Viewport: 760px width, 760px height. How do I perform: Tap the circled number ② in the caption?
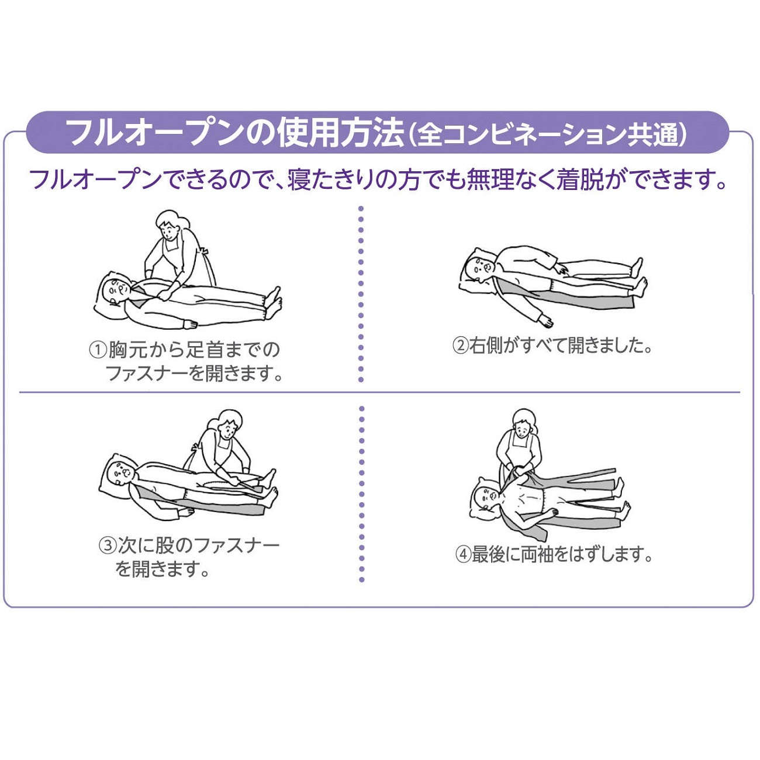pyautogui.click(x=460, y=346)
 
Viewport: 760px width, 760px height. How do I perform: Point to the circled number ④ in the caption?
pyautogui.click(x=463, y=554)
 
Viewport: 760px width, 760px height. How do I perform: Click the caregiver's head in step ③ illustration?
pyautogui.click(x=227, y=422)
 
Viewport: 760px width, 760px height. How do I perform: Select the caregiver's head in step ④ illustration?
pyautogui.click(x=522, y=423)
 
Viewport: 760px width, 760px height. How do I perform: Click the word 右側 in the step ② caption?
pyautogui.click(x=486, y=346)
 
